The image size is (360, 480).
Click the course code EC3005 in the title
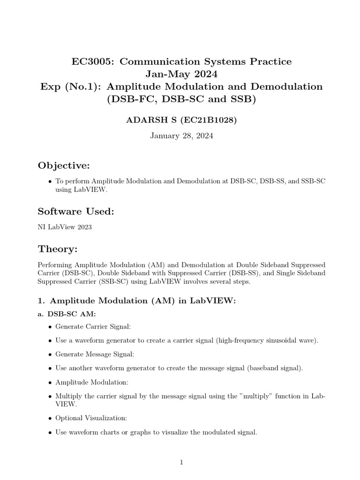coord(91,61)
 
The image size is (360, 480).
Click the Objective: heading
coord(63,166)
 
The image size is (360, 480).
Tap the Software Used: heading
coord(76,212)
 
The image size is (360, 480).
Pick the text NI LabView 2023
coord(65,227)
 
